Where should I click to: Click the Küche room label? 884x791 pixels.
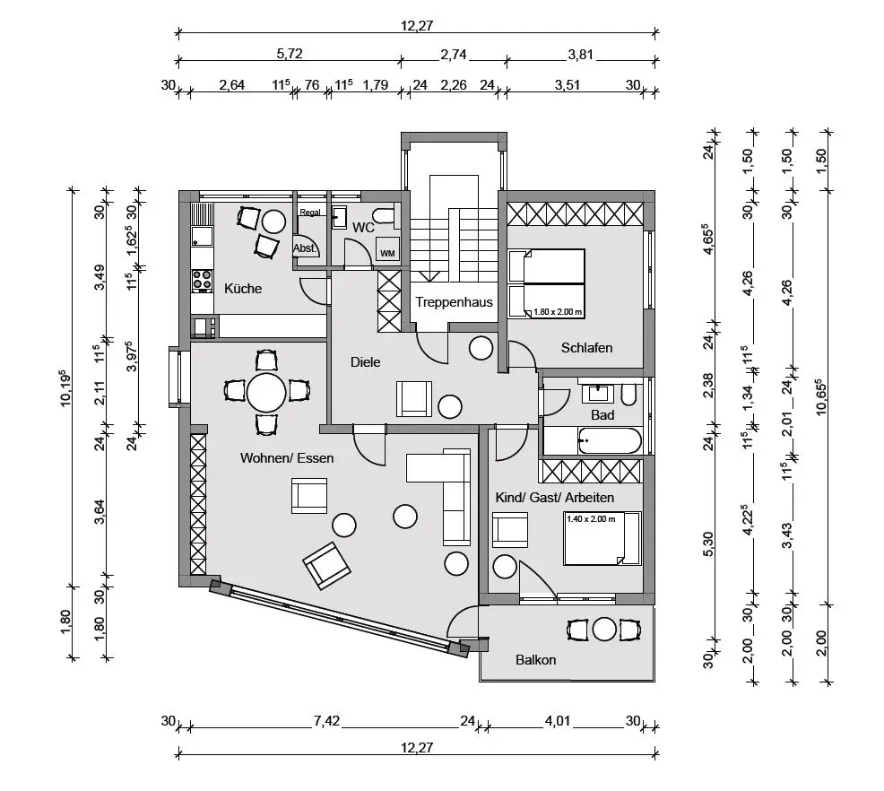[243, 289]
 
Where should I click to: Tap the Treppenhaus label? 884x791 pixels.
[454, 302]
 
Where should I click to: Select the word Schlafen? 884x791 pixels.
[586, 348]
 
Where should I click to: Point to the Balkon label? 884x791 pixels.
[535, 660]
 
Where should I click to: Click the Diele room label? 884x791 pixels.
[365, 362]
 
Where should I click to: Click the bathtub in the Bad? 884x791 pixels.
[610, 441]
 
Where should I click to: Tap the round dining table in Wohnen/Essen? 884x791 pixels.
[266, 393]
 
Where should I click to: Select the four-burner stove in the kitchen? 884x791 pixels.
[202, 280]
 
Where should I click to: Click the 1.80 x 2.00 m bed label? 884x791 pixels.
[558, 312]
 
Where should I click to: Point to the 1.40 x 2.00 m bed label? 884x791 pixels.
[591, 518]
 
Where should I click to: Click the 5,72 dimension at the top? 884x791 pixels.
[290, 54]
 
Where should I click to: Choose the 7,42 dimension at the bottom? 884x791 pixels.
[326, 721]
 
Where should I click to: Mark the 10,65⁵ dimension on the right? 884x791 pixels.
[820, 397]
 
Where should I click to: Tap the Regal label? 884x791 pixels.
[310, 213]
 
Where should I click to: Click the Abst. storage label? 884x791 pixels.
[305, 248]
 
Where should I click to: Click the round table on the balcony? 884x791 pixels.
[604, 630]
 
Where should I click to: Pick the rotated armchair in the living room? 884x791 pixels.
[326, 566]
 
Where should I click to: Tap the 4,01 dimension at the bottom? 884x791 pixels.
[557, 721]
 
